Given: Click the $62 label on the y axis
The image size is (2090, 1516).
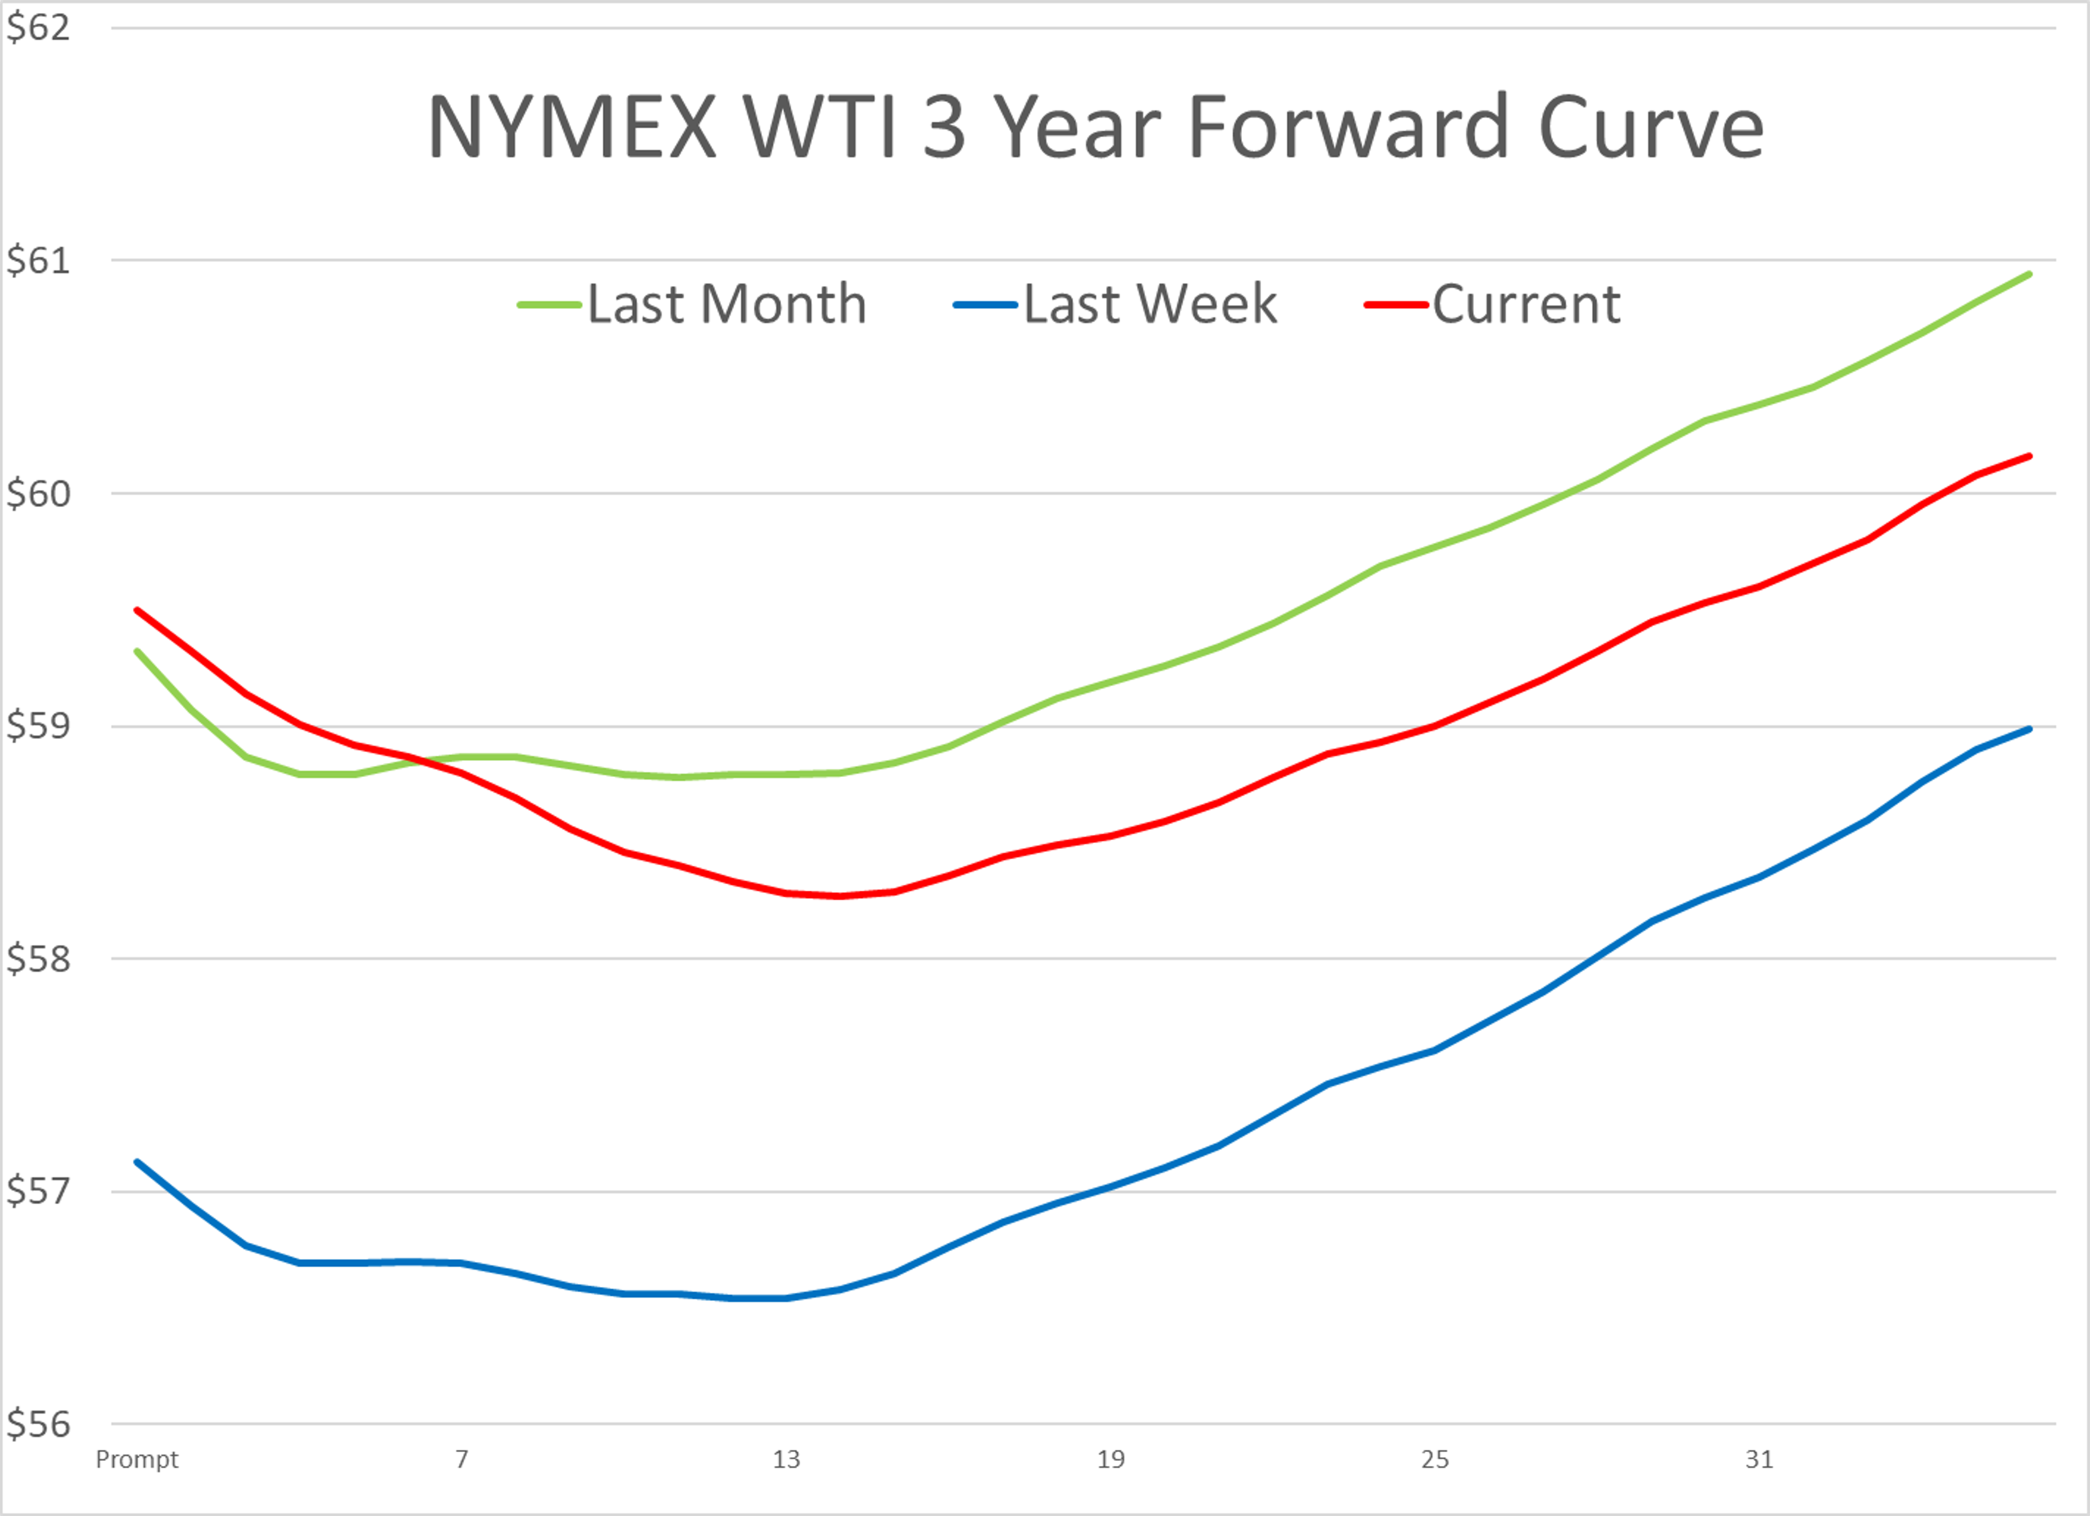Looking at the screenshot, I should [38, 28].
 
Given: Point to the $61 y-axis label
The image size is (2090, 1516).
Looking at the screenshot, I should [38, 261].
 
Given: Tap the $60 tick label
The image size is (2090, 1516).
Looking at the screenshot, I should [38, 494].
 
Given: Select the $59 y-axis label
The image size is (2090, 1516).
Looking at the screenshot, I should [38, 726].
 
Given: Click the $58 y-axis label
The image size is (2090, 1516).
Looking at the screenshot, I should [38, 959].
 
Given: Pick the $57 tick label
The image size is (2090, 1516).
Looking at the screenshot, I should [38, 1192].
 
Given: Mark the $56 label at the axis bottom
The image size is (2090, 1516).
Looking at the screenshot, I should [38, 1425].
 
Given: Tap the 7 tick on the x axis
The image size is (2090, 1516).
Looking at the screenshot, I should [462, 1459].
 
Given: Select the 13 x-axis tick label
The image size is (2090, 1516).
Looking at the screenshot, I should [786, 1459].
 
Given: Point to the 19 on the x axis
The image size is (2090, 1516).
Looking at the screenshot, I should [1110, 1459].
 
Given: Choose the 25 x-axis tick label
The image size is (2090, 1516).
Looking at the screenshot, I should [1435, 1459].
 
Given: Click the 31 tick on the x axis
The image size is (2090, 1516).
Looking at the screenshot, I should [1759, 1459].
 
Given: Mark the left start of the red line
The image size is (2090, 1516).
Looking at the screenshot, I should [137, 610].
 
